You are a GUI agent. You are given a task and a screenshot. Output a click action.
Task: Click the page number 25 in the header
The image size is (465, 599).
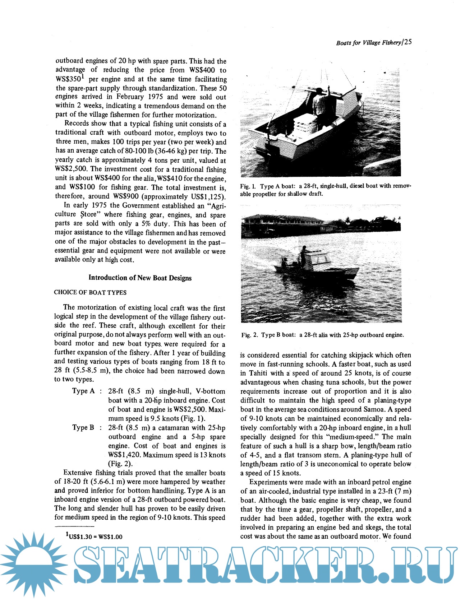(x=408, y=42)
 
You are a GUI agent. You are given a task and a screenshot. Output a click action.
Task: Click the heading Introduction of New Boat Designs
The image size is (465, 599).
(x=140, y=278)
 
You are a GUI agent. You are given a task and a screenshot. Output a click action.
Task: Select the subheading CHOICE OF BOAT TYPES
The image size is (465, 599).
(x=90, y=292)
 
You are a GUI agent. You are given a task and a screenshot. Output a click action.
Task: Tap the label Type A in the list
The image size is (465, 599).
(x=83, y=391)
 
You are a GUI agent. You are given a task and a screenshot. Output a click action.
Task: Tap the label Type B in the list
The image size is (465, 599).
(x=83, y=427)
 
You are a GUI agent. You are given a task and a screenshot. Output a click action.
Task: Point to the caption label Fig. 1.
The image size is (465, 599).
(x=248, y=186)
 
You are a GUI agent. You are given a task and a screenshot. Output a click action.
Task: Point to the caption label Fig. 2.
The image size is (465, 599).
(x=249, y=335)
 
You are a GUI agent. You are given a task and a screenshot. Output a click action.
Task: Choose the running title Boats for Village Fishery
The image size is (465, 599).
(x=368, y=43)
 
